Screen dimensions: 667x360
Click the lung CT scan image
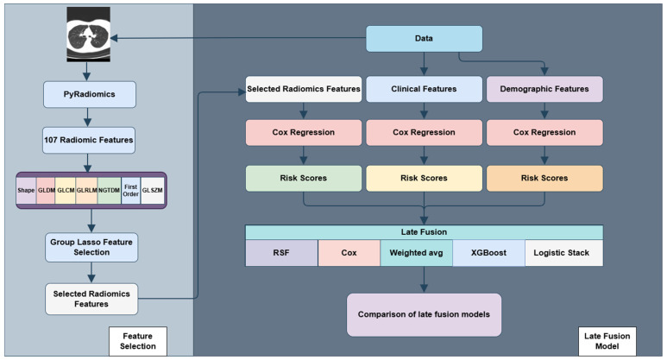tap(89, 35)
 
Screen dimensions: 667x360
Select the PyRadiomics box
tap(90, 94)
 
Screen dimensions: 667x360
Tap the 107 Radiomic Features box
tap(89, 140)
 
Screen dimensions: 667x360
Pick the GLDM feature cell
tap(46, 190)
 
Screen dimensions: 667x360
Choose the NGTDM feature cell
tap(109, 190)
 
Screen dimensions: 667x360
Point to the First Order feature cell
tap(130, 190)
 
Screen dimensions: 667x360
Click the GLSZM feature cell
tap(152, 190)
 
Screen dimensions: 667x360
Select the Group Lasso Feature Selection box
tap(91, 247)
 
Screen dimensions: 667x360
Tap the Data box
tap(425, 39)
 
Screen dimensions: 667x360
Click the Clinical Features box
tap(425, 89)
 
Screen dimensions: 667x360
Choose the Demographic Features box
tap(544, 89)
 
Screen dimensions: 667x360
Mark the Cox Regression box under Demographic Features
tap(544, 132)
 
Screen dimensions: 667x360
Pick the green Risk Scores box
tap(304, 179)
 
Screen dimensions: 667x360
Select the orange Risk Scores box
tap(544, 179)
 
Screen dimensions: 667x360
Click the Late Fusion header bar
tap(425, 232)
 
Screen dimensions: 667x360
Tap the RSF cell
tap(281, 253)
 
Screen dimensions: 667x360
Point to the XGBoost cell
tap(488, 253)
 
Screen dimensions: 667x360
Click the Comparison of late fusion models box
tap(425, 315)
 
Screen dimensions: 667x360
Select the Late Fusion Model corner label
tap(607, 341)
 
